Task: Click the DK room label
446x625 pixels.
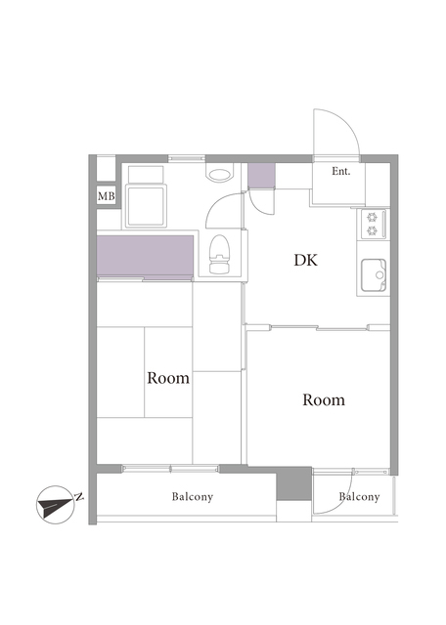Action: tap(306, 260)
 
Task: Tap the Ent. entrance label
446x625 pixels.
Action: tap(341, 172)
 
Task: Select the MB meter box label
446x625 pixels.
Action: tap(107, 196)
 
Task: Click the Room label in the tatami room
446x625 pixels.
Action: tap(168, 378)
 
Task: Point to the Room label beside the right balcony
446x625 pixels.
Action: tap(324, 399)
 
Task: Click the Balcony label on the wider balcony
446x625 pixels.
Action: tap(193, 497)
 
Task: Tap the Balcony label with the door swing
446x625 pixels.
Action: tap(359, 497)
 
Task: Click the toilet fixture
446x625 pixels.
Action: tap(220, 254)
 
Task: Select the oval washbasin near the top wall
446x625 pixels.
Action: tap(219, 175)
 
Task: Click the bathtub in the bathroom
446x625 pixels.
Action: tap(146, 205)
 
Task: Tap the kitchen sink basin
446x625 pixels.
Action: tap(374, 275)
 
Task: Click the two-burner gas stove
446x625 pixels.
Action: tap(374, 224)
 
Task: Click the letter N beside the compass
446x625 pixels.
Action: tap(79, 497)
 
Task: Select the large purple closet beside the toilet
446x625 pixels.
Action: tap(146, 255)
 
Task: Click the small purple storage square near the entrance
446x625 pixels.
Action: tap(261, 176)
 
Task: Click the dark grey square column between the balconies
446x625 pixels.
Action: tap(294, 483)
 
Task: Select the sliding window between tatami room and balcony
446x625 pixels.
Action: tap(170, 469)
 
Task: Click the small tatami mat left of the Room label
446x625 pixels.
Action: tap(120, 372)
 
